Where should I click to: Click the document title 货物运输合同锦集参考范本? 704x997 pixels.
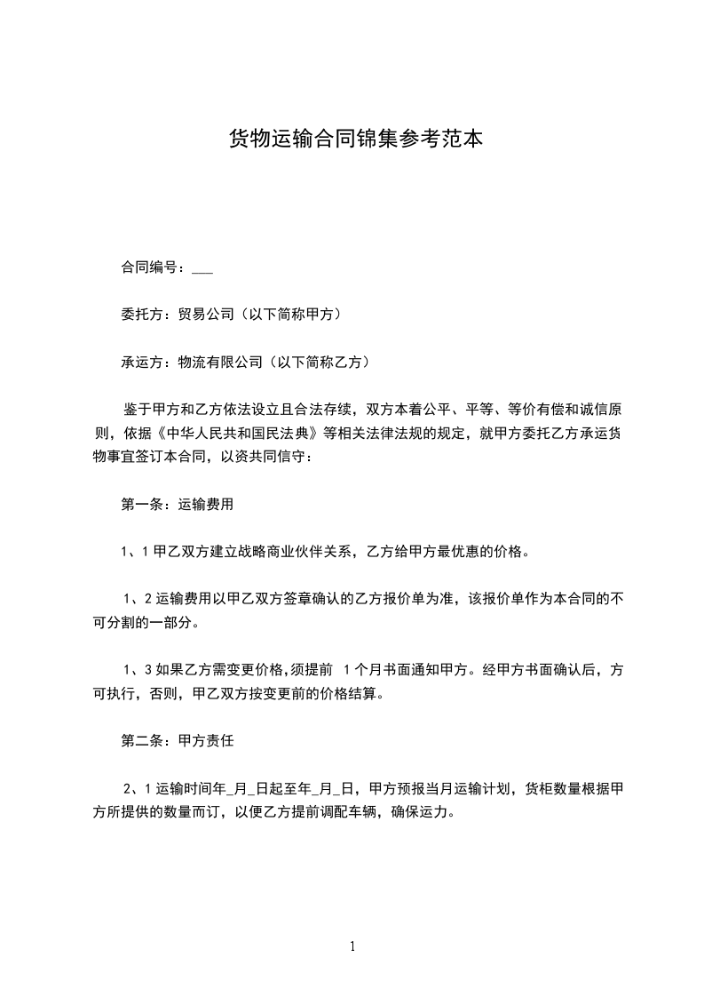click(356, 139)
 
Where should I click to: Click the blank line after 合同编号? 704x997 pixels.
click(202, 267)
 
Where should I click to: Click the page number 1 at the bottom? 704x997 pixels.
click(352, 946)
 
